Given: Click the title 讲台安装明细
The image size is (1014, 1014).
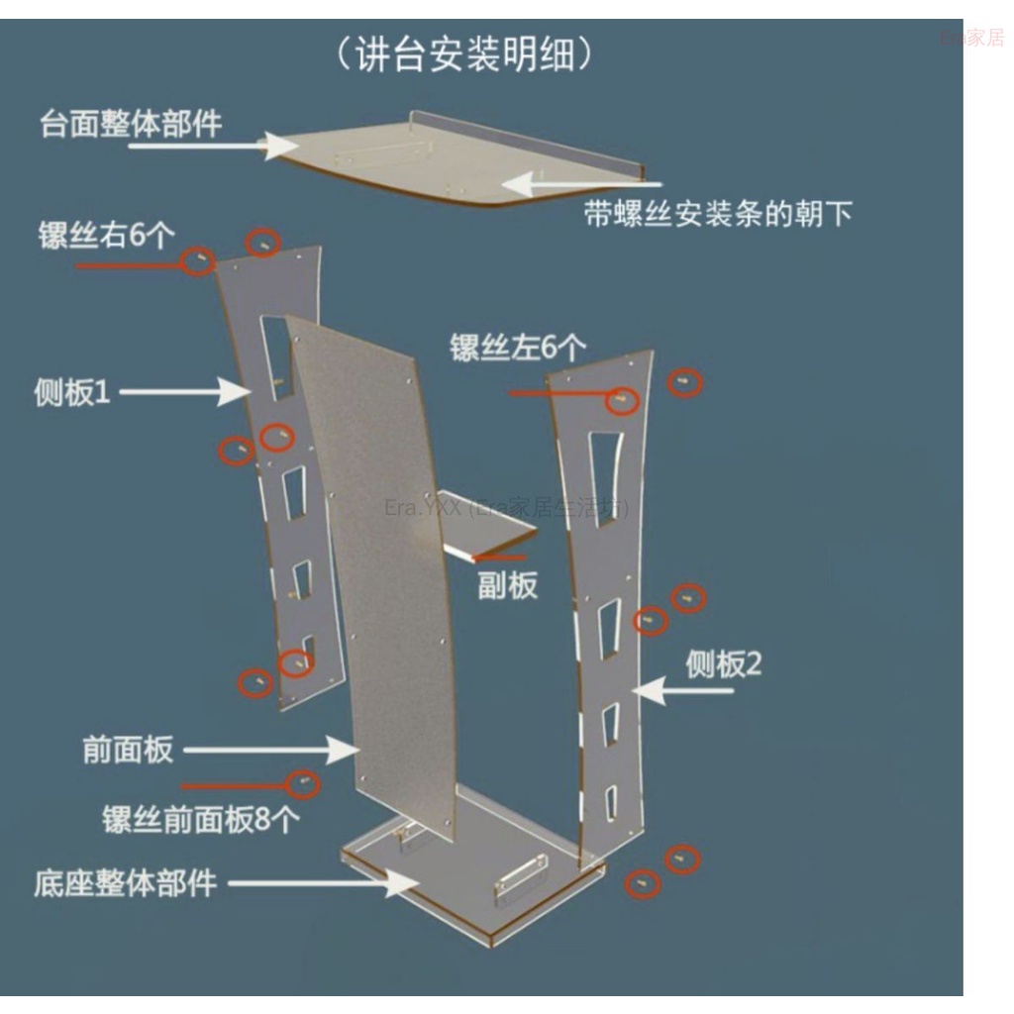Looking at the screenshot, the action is pyautogui.click(x=464, y=53).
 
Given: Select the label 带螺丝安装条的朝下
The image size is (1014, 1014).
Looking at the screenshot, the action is pyautogui.click(x=718, y=214).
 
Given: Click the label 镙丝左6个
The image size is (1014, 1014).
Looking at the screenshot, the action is pyautogui.click(x=518, y=348).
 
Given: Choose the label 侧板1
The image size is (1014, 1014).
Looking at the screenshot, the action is pyautogui.click(x=72, y=392).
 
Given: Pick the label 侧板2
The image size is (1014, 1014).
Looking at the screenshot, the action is pyautogui.click(x=724, y=664).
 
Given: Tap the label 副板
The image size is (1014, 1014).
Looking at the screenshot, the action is pyautogui.click(x=508, y=584).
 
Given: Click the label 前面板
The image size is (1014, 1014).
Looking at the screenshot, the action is pyautogui.click(x=128, y=750).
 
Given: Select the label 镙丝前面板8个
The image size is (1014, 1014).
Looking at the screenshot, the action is pyautogui.click(x=201, y=819).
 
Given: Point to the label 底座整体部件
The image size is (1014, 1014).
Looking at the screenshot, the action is pyautogui.click(x=125, y=882).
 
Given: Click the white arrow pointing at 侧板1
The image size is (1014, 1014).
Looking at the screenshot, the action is pyautogui.click(x=185, y=392).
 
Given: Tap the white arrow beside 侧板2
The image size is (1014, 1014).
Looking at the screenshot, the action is pyautogui.click(x=681, y=690).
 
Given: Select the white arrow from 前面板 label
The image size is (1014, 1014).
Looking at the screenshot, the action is pyautogui.click(x=271, y=750).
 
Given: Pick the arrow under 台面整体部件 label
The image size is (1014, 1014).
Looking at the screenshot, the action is pyautogui.click(x=214, y=147).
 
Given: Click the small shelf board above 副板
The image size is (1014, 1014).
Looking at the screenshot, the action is pyautogui.click(x=489, y=536).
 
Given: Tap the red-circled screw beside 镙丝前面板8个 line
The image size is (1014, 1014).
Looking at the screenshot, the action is pyautogui.click(x=303, y=784).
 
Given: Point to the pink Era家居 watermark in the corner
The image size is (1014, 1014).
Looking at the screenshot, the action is pyautogui.click(x=972, y=38).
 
